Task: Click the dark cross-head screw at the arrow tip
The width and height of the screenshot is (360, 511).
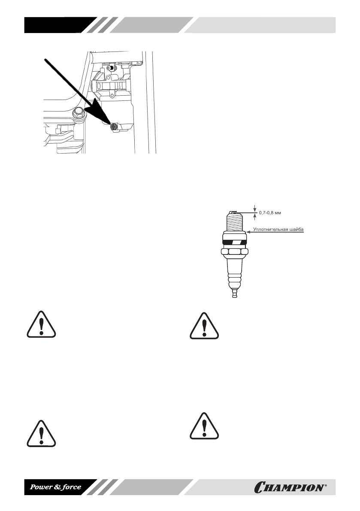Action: click(114, 126)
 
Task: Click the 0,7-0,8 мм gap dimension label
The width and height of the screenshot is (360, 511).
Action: click(272, 212)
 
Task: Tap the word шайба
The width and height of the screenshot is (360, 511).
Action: click(297, 230)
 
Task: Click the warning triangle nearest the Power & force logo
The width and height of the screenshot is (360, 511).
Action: click(41, 432)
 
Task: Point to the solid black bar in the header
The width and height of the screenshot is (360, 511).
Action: click(56, 25)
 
